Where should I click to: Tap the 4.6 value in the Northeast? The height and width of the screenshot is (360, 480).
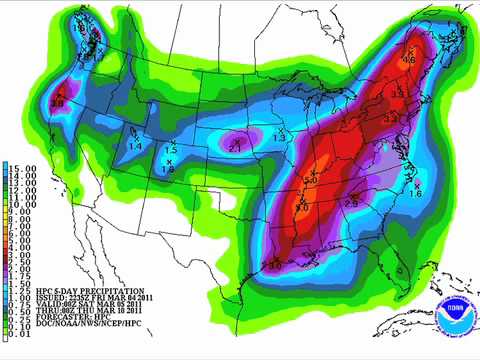click(408, 60)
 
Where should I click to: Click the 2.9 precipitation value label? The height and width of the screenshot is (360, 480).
click(351, 204)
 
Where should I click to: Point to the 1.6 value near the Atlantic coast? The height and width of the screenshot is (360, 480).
click(416, 192)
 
